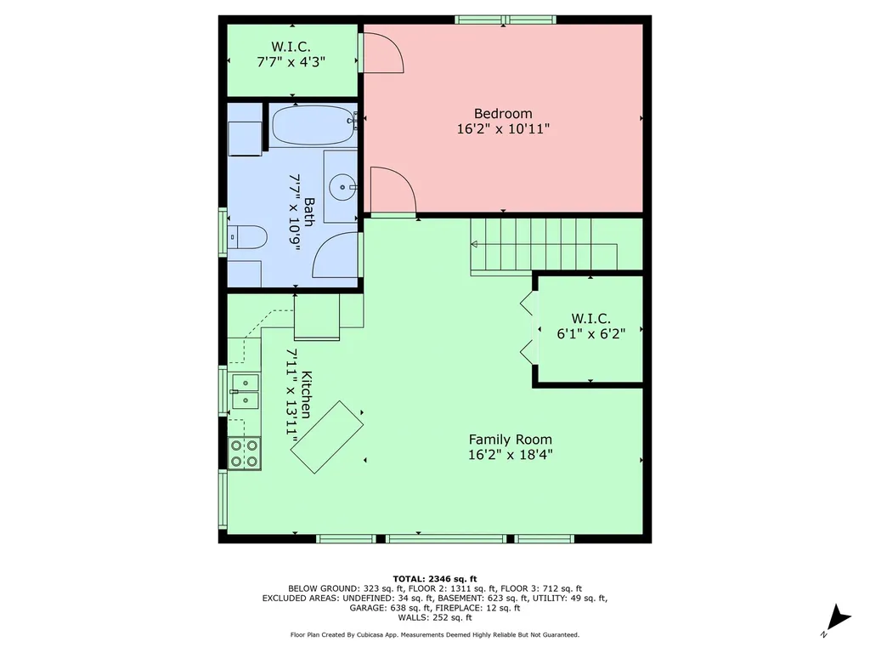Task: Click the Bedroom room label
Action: [x=503, y=114]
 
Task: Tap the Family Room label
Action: [x=510, y=440]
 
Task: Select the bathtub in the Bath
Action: [x=313, y=126]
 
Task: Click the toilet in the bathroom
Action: [x=247, y=237]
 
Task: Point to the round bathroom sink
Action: [x=342, y=187]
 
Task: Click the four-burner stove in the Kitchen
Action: [x=244, y=454]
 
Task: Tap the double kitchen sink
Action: [x=245, y=391]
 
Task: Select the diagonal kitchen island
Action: [x=327, y=437]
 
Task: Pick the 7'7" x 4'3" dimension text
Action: [x=291, y=61]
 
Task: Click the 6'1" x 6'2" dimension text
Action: [x=591, y=333]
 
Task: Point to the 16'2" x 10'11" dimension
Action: [x=503, y=129]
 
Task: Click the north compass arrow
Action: [x=838, y=619]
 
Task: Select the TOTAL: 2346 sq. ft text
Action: [x=434, y=578]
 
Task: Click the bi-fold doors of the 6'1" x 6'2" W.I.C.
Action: [x=528, y=329]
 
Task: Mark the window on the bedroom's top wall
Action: [x=506, y=20]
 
